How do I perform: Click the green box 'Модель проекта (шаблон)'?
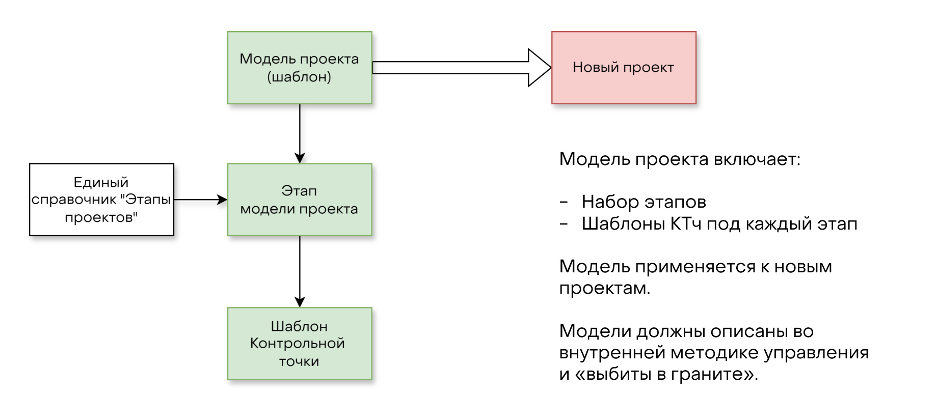point(300,68)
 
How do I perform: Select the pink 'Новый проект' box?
point(624,68)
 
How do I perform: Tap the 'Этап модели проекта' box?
point(300,200)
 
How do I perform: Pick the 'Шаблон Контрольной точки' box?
point(300,344)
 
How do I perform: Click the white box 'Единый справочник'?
point(101,200)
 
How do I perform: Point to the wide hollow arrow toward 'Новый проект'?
point(459,68)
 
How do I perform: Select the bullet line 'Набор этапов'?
point(644,202)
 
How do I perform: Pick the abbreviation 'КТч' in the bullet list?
point(686,223)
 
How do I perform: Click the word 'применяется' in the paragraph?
point(695,266)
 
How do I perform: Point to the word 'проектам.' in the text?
point(605,289)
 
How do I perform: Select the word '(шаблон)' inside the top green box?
point(299,77)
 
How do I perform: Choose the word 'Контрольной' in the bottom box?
point(298,344)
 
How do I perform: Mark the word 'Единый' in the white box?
point(101,182)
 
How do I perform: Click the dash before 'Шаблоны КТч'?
point(564,224)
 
